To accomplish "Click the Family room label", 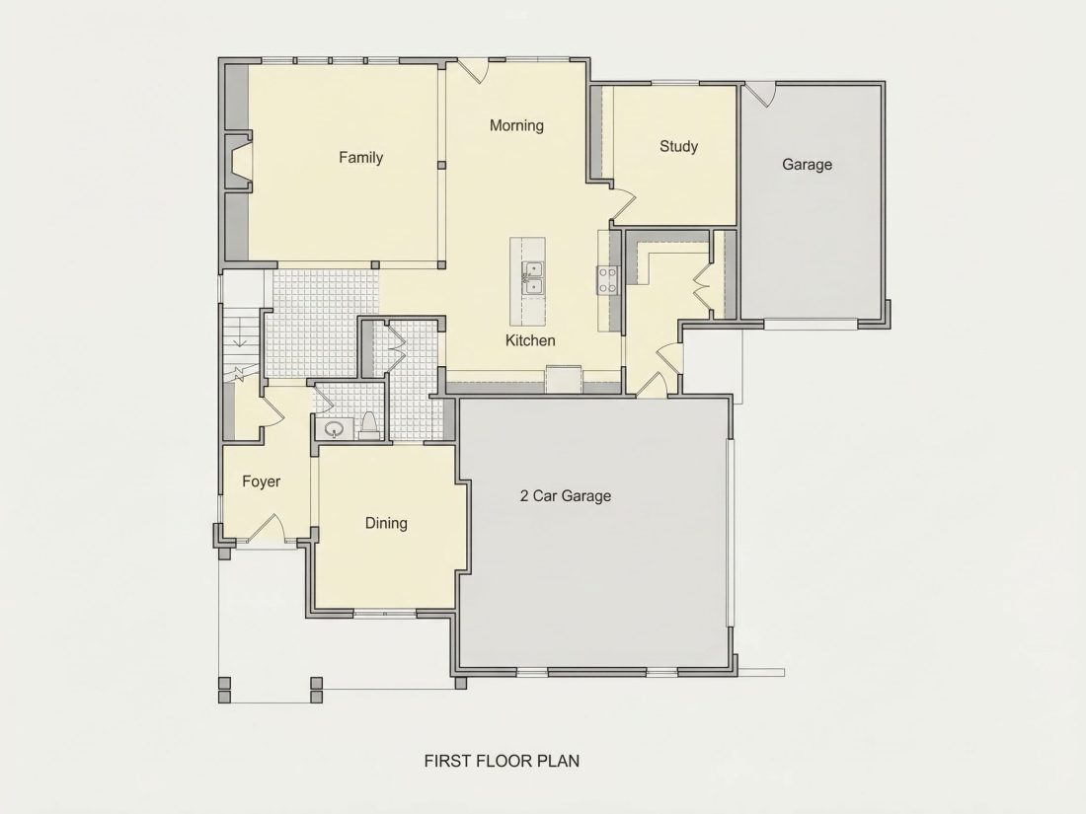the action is coord(360,158).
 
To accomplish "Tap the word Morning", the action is coord(516,126).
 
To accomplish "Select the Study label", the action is coord(679,147).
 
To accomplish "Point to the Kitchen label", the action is coord(530,340).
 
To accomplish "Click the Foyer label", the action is coord(261,481).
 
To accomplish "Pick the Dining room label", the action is coord(386,523).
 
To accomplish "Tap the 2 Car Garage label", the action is coord(565,496).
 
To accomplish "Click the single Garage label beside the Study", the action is coord(807,165).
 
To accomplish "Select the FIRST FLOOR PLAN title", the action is coord(502,761).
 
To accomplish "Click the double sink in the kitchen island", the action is coord(532,277).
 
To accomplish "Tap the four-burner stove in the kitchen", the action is coord(607,280).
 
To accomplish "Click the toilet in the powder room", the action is coord(369,427).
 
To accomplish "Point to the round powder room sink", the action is coord(335,430).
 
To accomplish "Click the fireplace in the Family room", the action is coord(238,162).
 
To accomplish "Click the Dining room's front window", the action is coord(385,613).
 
